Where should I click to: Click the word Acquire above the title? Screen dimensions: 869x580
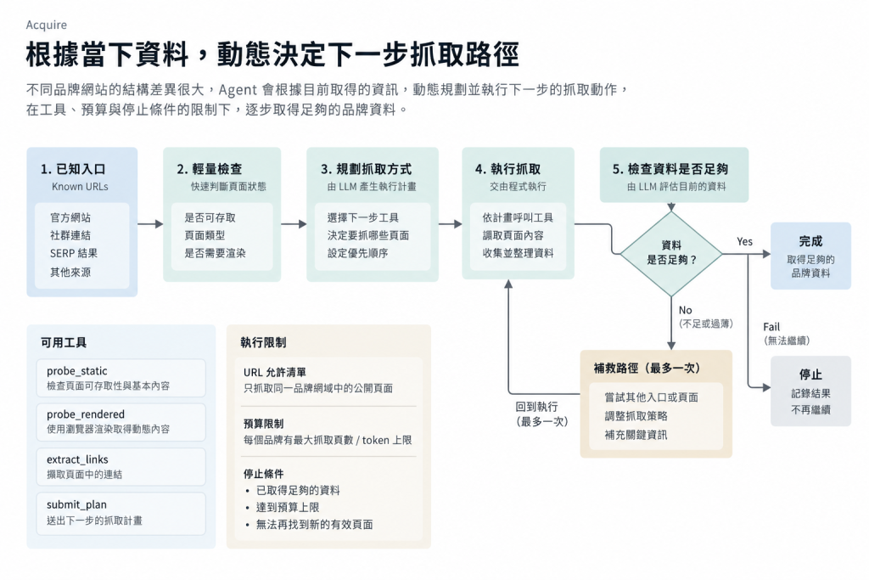click(46, 25)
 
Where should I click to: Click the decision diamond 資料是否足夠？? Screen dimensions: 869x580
click(671, 253)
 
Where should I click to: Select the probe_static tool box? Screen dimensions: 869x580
click(121, 378)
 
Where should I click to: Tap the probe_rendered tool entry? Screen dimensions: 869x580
click(121, 422)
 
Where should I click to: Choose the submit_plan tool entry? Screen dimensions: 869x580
click(121, 513)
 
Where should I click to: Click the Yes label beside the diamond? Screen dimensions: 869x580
click(744, 241)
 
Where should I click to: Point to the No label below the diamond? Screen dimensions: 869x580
click(685, 310)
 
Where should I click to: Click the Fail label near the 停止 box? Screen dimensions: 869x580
click(771, 327)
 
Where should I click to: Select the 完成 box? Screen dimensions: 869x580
click(810, 256)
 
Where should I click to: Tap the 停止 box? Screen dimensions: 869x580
click(810, 391)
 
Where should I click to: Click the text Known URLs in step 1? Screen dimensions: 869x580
click(80, 186)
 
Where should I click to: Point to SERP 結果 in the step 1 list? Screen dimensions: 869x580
click(73, 253)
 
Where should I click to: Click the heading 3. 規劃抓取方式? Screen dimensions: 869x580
click(367, 169)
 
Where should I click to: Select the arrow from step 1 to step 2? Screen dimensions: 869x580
click(150, 224)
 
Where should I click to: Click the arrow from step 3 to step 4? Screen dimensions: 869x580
click(450, 224)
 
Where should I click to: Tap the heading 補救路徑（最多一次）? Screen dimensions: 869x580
click(647, 369)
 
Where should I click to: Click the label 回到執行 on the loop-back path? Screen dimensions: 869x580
click(536, 407)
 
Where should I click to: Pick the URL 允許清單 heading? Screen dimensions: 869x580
click(274, 372)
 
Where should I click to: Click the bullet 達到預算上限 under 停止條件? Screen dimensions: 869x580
click(287, 507)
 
